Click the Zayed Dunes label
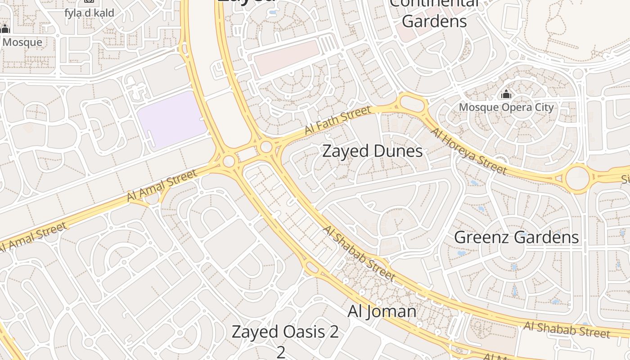(373, 151)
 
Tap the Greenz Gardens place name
(516, 237)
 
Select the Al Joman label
(382, 311)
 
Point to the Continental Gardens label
(434, 13)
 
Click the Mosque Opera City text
(506, 108)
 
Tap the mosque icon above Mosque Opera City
(506, 95)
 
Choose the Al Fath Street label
(338, 120)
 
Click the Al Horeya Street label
(469, 151)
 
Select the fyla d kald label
(89, 13)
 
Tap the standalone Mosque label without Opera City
(22, 43)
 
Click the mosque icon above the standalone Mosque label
(5, 29)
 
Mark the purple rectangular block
(171, 120)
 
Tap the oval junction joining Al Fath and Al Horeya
(412, 104)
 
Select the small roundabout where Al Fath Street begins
(266, 147)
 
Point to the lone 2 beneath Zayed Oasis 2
(281, 352)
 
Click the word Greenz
(481, 237)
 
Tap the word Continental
(434, 4)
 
